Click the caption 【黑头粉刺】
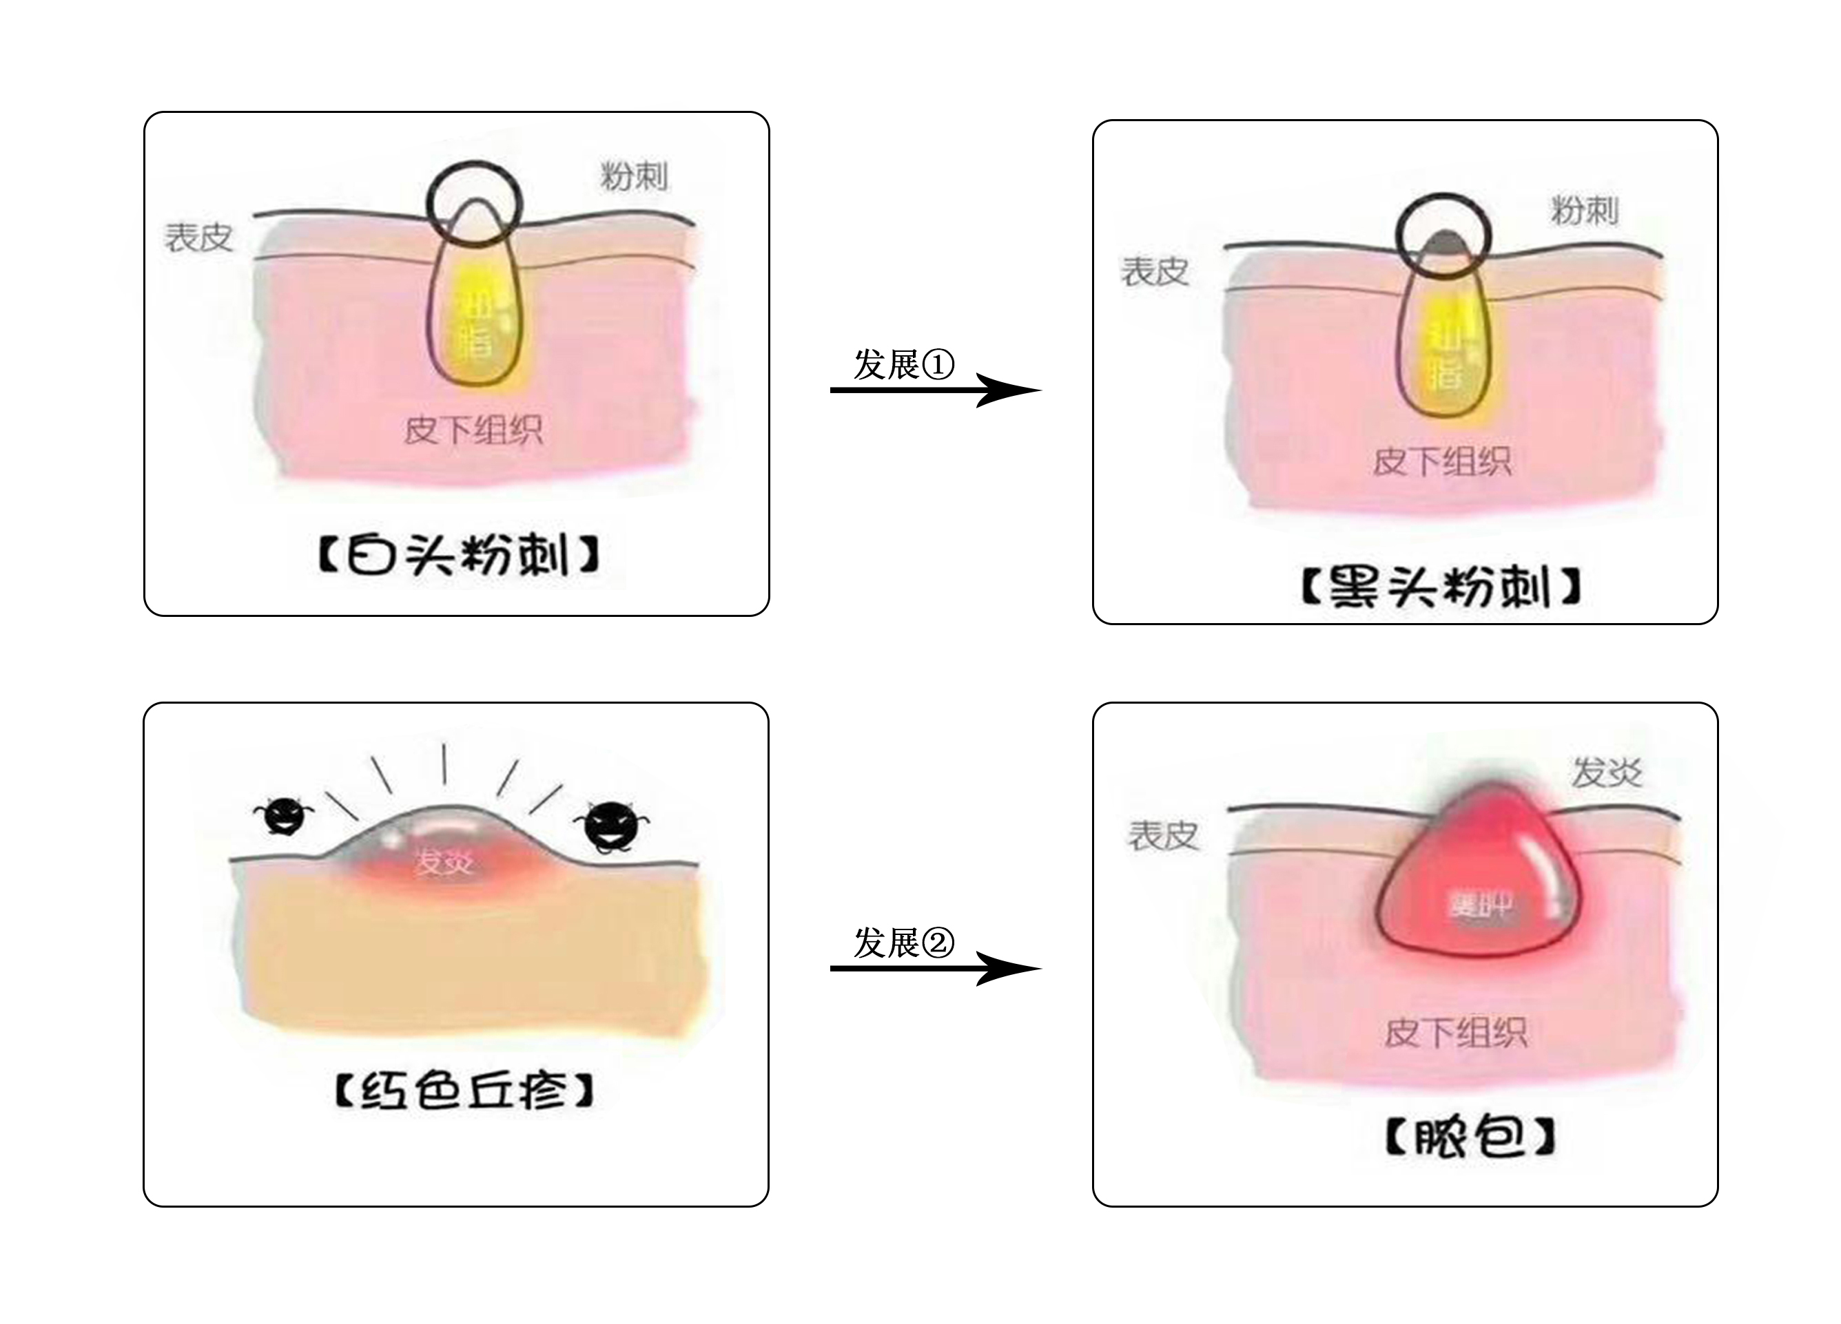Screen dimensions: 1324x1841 tap(1441, 587)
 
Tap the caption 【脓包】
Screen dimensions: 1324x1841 tap(1469, 1137)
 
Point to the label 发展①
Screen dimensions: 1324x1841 tap(903, 364)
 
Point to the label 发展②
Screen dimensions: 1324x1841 tap(903, 943)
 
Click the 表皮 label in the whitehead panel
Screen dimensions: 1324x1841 tap(199, 238)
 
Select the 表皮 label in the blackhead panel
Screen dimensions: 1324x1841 tap(1155, 272)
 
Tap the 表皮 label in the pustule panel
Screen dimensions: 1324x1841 tap(1163, 836)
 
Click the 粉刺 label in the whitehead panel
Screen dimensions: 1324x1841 tap(634, 176)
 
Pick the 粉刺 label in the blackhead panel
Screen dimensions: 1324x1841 tap(1585, 211)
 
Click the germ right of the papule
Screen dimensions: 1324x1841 tap(610, 826)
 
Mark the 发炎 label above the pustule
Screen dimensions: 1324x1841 tap(1607, 773)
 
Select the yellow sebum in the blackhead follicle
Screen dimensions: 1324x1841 tap(1445, 349)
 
